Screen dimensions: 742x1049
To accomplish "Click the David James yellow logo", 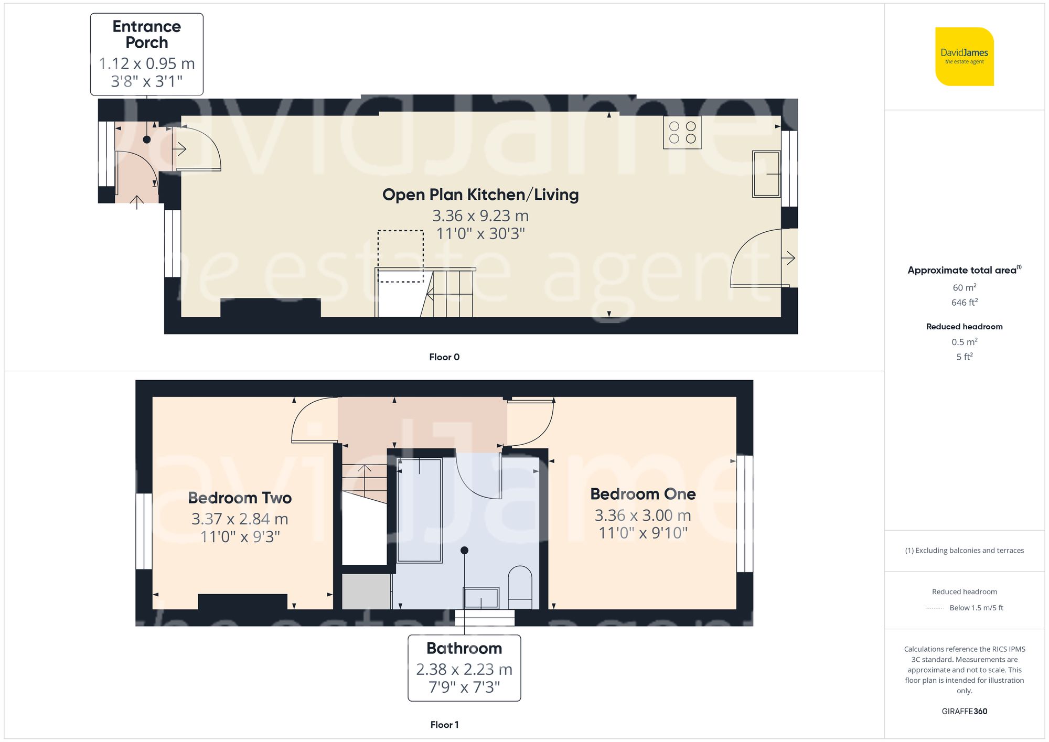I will pos(964,57).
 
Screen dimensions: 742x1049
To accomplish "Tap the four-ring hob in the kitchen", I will pos(682,133).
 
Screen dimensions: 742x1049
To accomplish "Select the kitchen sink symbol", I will pos(766,174).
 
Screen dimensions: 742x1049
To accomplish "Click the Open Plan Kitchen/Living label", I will pos(480,195).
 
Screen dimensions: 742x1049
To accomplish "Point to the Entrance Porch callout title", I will pos(146,34).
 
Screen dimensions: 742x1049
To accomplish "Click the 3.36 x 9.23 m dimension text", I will pos(480,216).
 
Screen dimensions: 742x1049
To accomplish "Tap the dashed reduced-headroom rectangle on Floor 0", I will pos(401,256).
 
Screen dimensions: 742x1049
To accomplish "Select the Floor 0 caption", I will pos(444,357).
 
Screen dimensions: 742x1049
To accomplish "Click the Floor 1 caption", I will pos(444,725).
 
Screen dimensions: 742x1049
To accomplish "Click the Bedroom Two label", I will pos(240,498).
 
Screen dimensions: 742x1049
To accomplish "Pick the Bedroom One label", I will pos(643,494).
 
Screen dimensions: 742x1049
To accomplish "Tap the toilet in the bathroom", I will pos(520,586).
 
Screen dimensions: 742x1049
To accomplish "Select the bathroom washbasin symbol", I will pos(480,598).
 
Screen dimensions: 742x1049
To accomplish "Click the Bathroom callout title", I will pos(464,648).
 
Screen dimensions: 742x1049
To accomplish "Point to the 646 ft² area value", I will pos(964,303).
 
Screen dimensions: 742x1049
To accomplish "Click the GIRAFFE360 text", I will pos(964,712).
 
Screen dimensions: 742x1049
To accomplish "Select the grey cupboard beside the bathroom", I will pos(366,592).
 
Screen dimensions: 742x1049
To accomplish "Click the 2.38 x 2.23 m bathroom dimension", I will pos(464,669).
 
